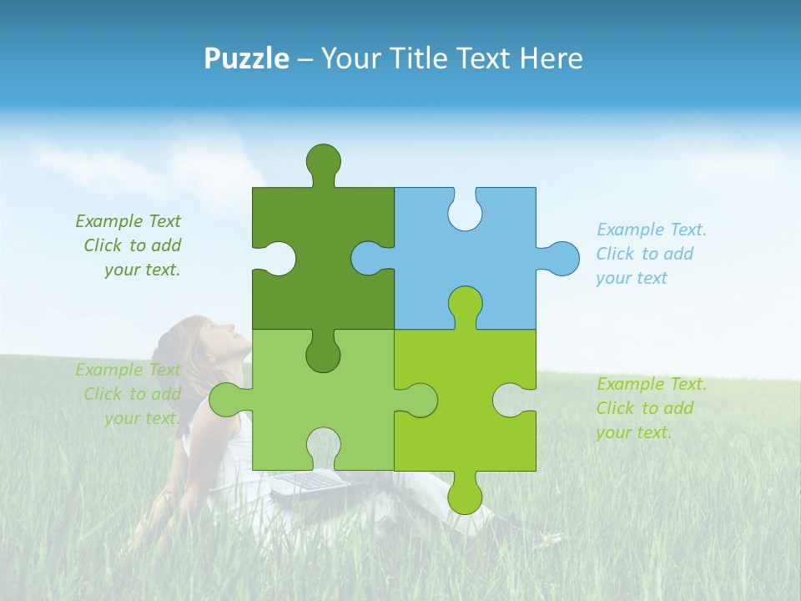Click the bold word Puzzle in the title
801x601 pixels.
coord(247,58)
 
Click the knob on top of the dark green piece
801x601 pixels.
coord(323,161)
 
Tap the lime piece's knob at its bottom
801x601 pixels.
coord(465,495)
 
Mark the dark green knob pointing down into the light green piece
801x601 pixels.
coord(323,354)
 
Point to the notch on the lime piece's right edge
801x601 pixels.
coord(510,400)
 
